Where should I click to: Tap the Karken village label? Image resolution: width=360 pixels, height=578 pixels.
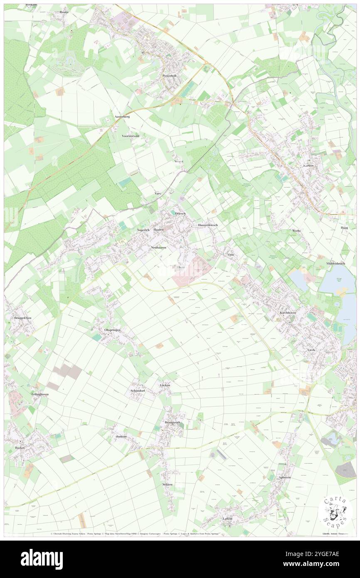point(308,165)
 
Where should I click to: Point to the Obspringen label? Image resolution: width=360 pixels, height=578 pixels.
point(112,330)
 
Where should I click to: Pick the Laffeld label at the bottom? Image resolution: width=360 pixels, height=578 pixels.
point(227,519)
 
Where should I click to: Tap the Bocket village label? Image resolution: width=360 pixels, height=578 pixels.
point(20,448)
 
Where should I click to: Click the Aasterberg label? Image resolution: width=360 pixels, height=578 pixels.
point(122,117)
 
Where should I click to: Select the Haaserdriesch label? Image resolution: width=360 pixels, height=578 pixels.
point(208,225)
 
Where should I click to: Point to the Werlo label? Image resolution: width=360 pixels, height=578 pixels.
point(296,230)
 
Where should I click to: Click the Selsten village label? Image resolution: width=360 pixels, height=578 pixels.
point(167,485)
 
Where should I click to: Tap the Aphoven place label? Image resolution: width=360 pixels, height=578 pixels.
point(285,477)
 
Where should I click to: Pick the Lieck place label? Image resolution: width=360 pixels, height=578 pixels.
point(311,350)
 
